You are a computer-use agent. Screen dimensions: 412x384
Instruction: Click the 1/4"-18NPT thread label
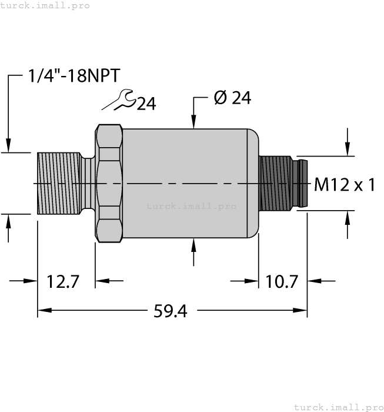74,76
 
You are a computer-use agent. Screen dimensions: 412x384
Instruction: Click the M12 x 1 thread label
345,185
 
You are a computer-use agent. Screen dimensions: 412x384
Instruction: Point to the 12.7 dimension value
63,282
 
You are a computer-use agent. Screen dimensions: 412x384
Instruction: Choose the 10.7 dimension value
283,282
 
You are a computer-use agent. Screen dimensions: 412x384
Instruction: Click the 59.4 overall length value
170,311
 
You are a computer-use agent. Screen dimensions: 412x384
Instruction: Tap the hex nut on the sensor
109,183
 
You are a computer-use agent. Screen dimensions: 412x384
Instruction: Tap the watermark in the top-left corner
45,5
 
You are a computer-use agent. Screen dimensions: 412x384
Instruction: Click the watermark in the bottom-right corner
338,407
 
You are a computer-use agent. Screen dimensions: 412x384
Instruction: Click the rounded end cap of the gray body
253,183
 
